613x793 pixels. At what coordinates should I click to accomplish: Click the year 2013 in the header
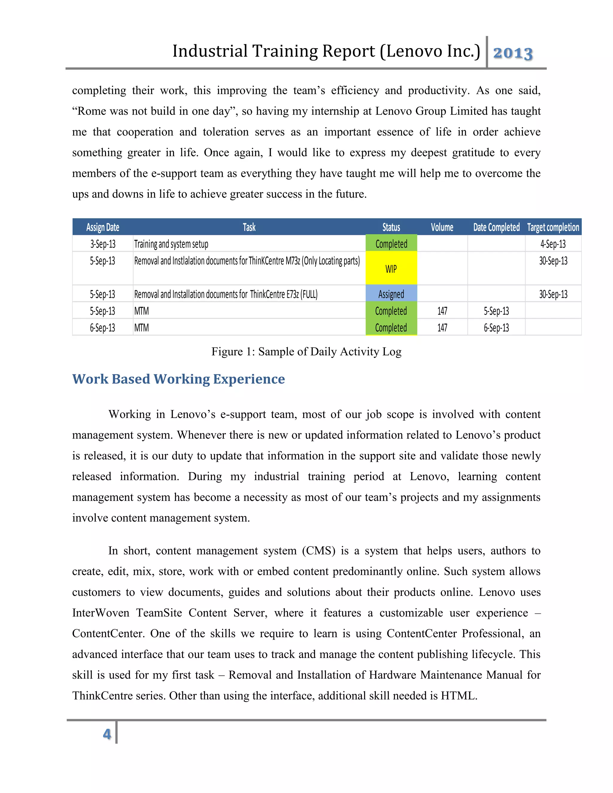pyautogui.click(x=512, y=53)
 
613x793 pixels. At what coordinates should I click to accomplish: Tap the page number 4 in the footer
pyautogui.click(x=107, y=734)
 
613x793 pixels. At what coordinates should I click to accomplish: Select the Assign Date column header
pyautogui.click(x=103, y=227)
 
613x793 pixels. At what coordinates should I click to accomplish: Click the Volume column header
pyautogui.click(x=442, y=227)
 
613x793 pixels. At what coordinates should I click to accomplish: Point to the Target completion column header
pyautogui.click(x=553, y=227)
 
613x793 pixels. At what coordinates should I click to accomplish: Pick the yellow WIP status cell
pyautogui.click(x=391, y=269)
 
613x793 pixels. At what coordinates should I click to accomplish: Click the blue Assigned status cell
pyautogui.click(x=391, y=294)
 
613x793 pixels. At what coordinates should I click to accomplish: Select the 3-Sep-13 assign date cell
pyautogui.click(x=103, y=244)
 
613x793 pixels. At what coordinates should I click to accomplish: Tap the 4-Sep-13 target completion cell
pyautogui.click(x=553, y=244)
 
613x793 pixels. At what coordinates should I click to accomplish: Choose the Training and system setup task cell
pyautogui.click(x=171, y=244)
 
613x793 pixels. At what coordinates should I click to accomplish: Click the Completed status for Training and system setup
pyautogui.click(x=391, y=244)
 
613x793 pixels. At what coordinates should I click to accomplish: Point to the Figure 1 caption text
pyautogui.click(x=306, y=352)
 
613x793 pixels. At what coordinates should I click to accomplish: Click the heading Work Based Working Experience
pyautogui.click(x=178, y=379)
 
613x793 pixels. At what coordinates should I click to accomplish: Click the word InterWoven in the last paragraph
pyautogui.click(x=101, y=613)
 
